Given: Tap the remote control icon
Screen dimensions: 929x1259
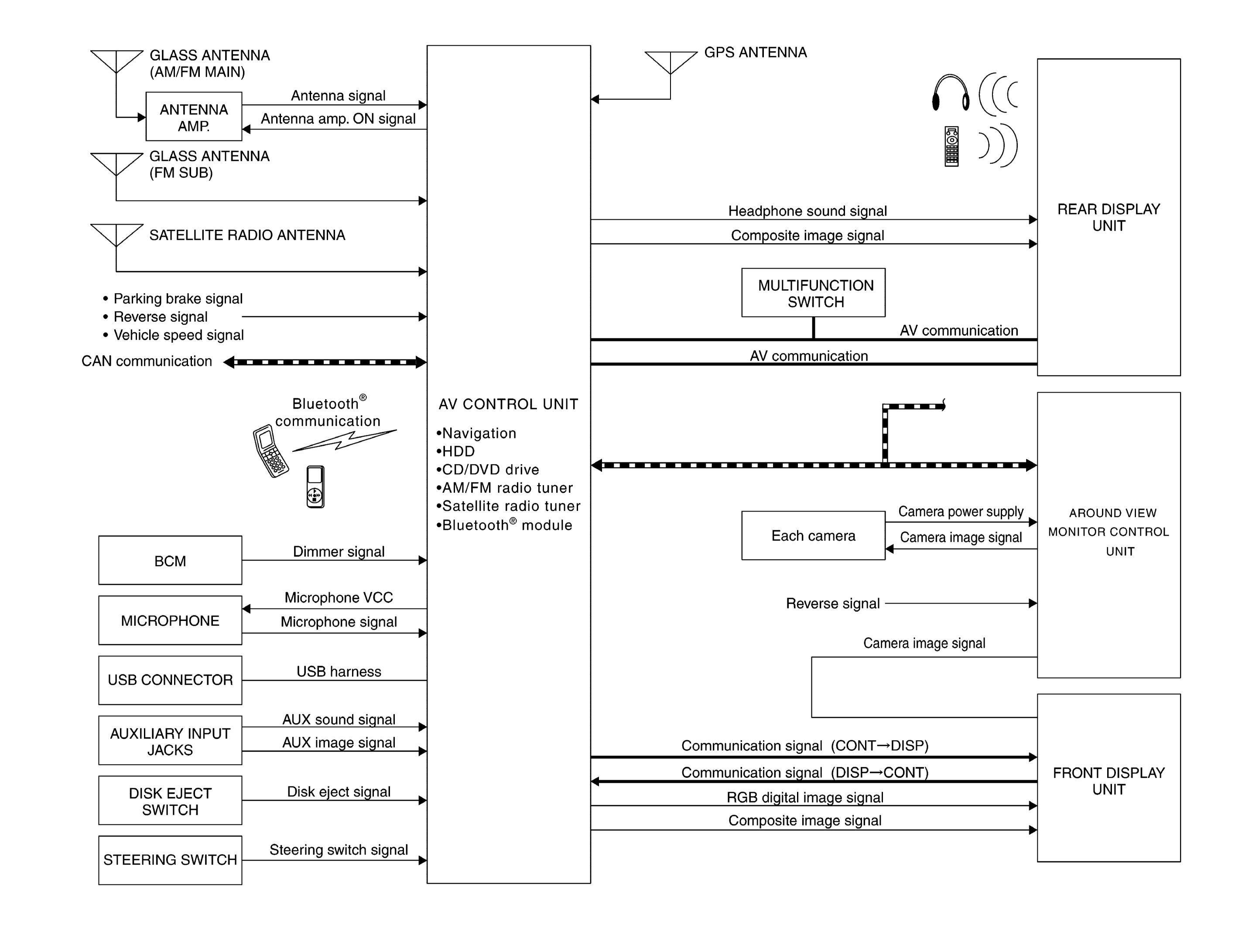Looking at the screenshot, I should [x=951, y=146].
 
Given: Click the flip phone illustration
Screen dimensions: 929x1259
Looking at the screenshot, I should [x=270, y=451].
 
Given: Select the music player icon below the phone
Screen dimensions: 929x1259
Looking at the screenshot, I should [x=315, y=487].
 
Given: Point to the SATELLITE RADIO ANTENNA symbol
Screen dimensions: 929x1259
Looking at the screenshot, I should [x=116, y=235].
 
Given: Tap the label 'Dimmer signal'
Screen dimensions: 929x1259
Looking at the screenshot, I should [x=339, y=552].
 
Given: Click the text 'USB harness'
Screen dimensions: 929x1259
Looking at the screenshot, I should [x=339, y=672].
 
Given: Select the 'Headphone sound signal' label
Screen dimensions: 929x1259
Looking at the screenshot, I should [x=807, y=211].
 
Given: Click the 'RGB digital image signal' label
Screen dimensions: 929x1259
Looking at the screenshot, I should [x=805, y=798].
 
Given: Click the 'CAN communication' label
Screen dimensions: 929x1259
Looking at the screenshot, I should [x=147, y=361].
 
